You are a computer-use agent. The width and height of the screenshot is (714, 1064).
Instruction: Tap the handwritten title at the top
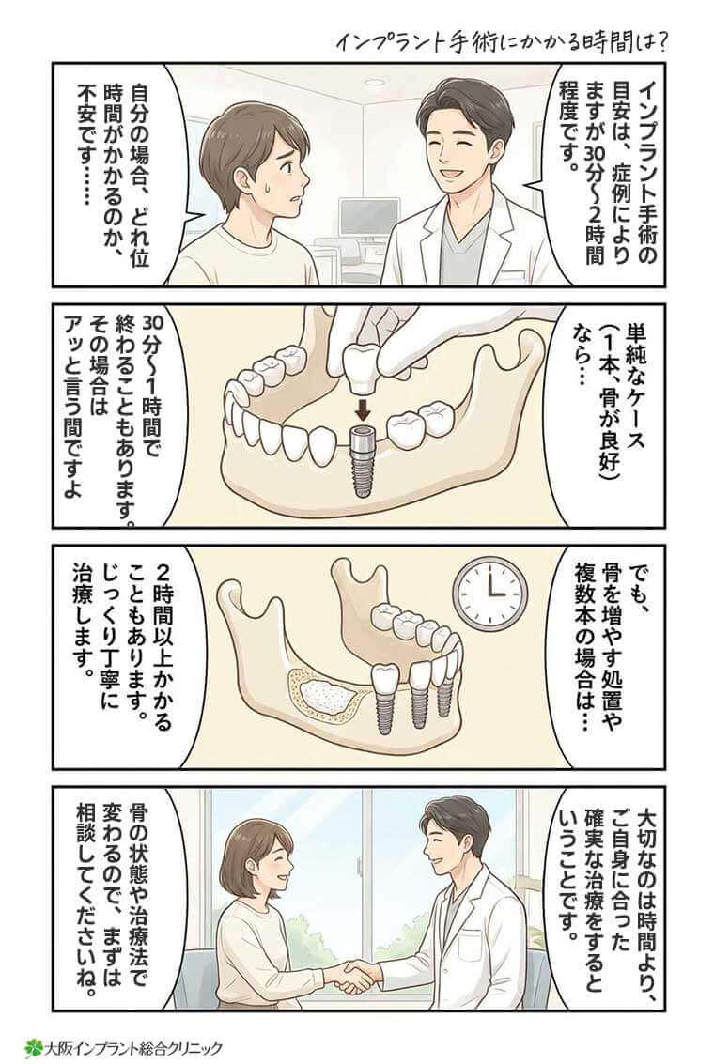coord(504,42)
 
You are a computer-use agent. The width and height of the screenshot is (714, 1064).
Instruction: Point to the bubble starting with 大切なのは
coord(611,892)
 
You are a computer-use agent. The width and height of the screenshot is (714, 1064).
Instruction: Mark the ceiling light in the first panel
coord(374,83)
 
